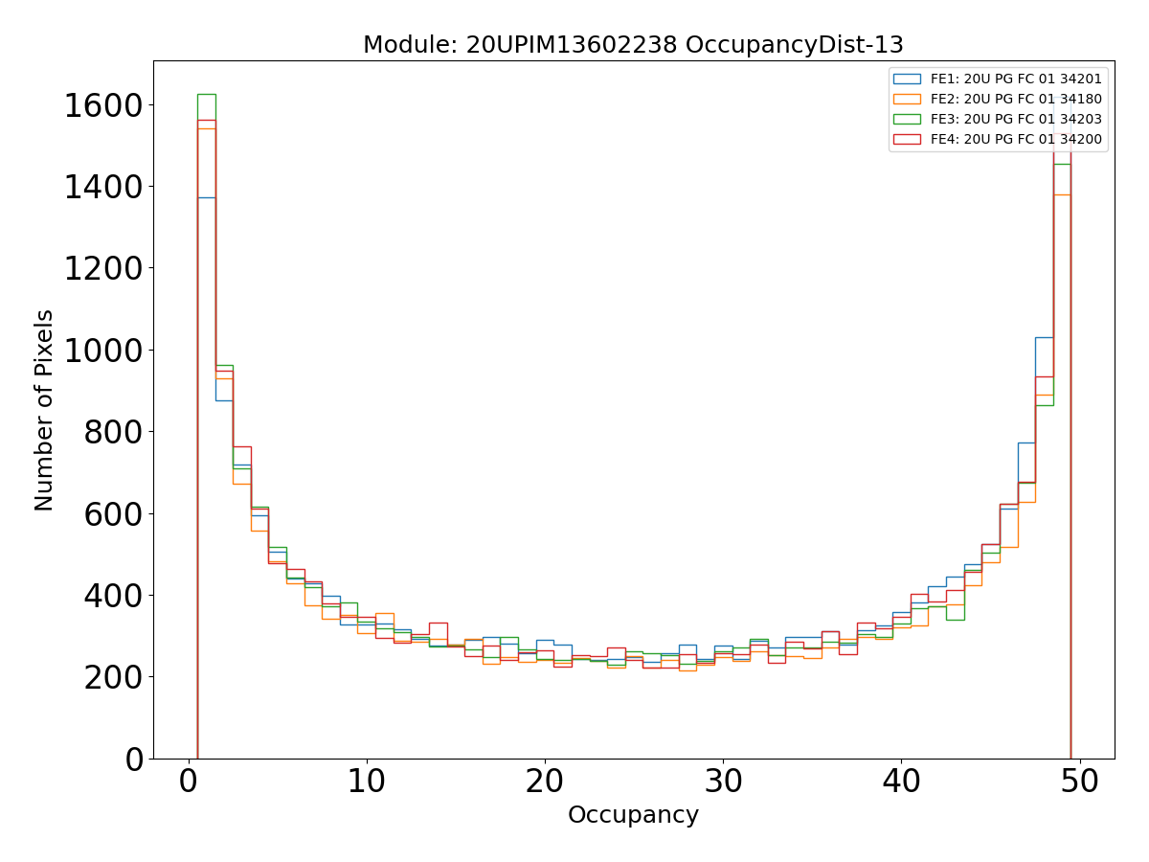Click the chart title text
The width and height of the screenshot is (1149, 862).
pyautogui.click(x=633, y=45)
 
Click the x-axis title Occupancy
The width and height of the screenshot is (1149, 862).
pyautogui.click(x=633, y=815)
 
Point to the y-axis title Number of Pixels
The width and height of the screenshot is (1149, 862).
pyautogui.click(x=44, y=410)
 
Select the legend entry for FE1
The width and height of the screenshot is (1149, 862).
pyautogui.click(x=1016, y=79)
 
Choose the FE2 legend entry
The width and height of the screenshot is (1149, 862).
pyautogui.click(x=1016, y=99)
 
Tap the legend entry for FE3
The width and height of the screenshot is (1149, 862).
pyautogui.click(x=1016, y=119)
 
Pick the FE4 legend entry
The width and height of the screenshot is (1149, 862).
pyautogui.click(x=1016, y=139)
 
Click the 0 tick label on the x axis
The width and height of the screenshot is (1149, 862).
pyautogui.click(x=189, y=782)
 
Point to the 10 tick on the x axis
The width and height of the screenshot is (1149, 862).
pyautogui.click(x=367, y=782)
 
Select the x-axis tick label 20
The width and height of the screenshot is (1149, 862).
pyautogui.click(x=545, y=782)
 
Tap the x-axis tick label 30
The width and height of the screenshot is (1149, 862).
pyautogui.click(x=723, y=782)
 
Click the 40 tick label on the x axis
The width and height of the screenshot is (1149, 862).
pyautogui.click(x=901, y=782)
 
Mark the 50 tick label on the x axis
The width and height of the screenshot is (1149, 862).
pyautogui.click(x=1079, y=782)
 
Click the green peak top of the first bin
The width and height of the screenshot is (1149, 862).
pyautogui.click(x=206, y=94)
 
